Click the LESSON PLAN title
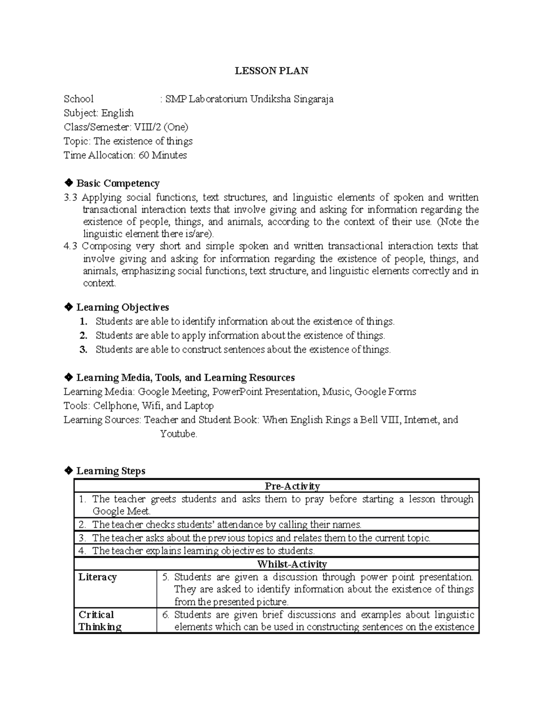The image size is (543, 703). pos(271,71)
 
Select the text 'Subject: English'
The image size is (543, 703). pos(99,113)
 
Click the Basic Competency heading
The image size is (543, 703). pos(118,183)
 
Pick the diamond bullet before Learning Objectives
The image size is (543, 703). pos(68,307)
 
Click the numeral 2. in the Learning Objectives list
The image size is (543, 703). pos(83,335)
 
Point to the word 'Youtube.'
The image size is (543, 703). pos(179,434)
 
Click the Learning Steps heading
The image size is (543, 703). pos(110,471)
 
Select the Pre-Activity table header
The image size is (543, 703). pos(292,486)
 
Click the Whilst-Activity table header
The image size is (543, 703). pos(292,564)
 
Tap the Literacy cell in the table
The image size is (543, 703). pos(98,577)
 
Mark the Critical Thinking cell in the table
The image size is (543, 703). pos(100,621)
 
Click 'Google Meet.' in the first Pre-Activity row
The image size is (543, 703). pos(121,511)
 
